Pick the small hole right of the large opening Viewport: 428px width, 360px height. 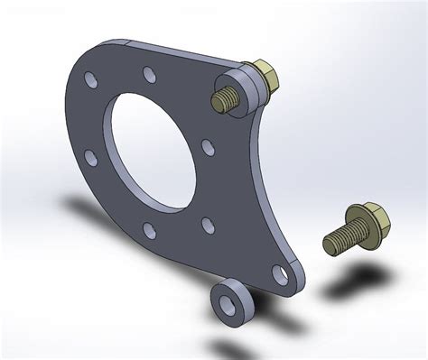[x=207, y=144]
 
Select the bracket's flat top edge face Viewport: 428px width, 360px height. [x=172, y=54]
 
